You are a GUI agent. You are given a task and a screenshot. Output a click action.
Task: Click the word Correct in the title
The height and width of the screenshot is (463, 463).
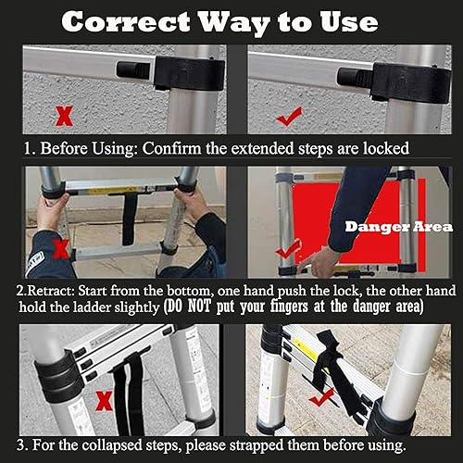click(126, 21)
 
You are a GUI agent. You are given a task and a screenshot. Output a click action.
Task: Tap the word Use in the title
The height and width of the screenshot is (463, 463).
click(349, 21)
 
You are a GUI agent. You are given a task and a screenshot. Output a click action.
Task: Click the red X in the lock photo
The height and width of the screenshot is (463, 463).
click(64, 116)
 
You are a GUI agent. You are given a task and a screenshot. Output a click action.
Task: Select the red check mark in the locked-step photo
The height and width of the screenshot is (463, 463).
click(289, 117)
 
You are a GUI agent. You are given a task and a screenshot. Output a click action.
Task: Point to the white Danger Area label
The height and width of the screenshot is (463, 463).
click(399, 227)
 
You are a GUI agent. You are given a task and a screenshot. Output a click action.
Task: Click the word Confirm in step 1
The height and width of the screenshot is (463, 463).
click(171, 148)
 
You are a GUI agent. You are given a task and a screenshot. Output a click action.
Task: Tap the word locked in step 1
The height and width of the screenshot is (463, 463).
click(386, 148)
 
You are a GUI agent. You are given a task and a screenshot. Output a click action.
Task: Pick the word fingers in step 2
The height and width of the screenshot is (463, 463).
click(289, 307)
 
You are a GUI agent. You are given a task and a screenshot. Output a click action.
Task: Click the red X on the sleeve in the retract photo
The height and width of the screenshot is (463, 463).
click(62, 249)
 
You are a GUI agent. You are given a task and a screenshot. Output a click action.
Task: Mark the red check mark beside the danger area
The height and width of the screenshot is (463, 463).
click(288, 249)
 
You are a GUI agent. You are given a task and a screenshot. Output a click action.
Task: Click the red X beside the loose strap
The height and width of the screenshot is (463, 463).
click(104, 400)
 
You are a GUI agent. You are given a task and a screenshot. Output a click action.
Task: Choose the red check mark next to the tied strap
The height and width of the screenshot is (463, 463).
click(322, 397)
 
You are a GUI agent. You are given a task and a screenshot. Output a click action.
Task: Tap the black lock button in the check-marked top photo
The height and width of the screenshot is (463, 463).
click(355, 77)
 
